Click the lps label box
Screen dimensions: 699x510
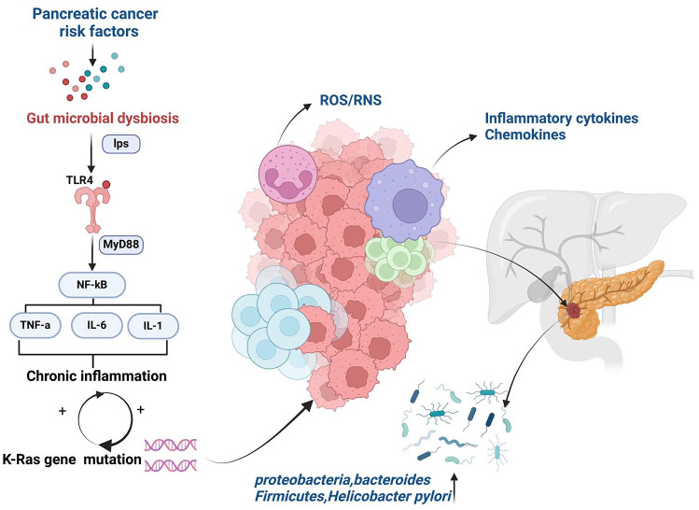click(x=121, y=144)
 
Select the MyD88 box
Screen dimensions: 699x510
click(x=120, y=245)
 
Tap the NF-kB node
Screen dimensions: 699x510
click(x=92, y=285)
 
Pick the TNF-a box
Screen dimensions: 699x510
click(x=35, y=326)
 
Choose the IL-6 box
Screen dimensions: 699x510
click(x=97, y=325)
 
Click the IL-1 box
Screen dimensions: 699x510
click(x=153, y=326)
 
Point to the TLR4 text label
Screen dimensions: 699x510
click(x=80, y=180)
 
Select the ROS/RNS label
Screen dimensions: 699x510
click(x=351, y=100)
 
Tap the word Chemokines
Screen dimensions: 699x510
click(x=525, y=135)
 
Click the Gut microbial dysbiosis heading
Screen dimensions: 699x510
click(x=103, y=119)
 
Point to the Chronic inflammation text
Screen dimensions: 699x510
click(x=96, y=375)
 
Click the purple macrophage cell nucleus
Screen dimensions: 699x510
click(x=410, y=205)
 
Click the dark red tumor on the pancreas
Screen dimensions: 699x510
click(x=575, y=310)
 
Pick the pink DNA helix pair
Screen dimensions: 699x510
click(x=170, y=455)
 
